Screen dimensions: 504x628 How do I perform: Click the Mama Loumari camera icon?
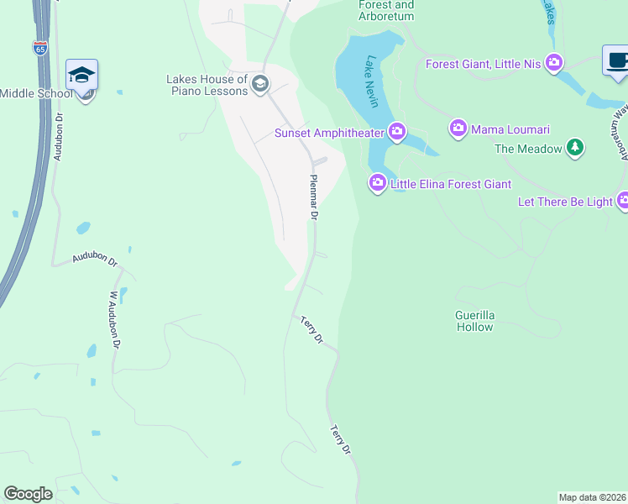tap(458, 129)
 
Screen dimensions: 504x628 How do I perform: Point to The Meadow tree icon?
tap(574, 148)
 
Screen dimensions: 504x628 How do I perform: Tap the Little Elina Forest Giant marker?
tap(377, 182)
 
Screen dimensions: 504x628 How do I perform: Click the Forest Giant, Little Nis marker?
tap(553, 62)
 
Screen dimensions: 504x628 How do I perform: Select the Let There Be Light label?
tap(565, 202)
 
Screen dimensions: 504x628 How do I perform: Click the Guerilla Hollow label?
tap(475, 321)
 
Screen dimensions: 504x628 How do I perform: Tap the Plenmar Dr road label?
tap(314, 197)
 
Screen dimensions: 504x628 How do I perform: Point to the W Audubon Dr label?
tap(115, 320)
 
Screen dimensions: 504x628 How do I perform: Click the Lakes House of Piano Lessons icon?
tap(260, 82)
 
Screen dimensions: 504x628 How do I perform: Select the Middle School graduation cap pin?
tap(82, 76)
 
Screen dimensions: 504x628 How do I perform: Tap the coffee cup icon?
tap(616, 61)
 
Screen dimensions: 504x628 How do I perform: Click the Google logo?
tap(28, 494)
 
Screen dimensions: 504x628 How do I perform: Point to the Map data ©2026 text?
tap(593, 497)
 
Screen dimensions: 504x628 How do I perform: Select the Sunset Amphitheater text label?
tap(329, 133)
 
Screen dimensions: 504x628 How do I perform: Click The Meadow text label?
tap(528, 149)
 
